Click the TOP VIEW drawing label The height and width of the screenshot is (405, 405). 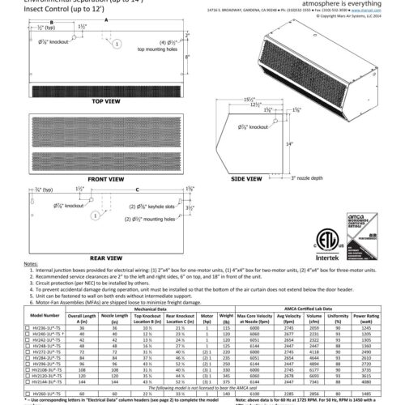click(105, 103)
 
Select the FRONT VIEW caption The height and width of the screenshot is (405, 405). click(105, 177)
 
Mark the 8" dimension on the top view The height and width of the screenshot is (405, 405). click(209, 58)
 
